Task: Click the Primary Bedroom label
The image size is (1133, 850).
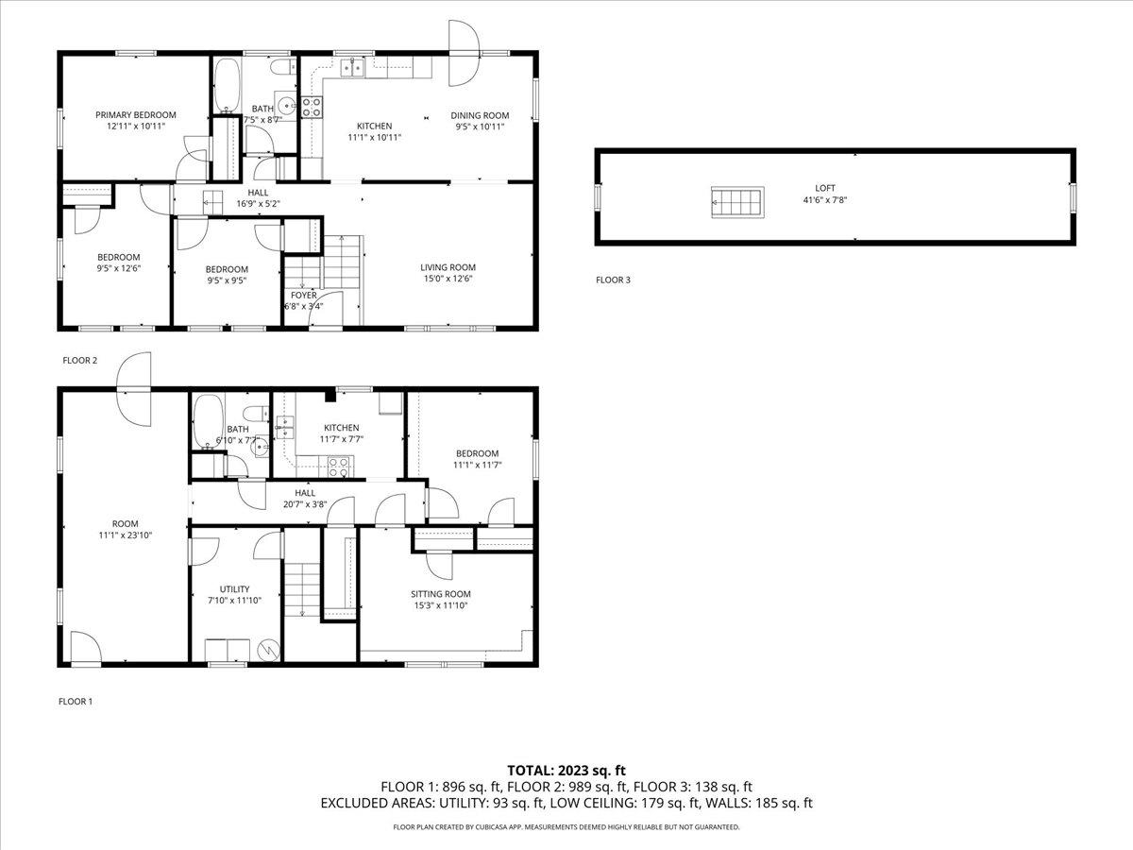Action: [x=136, y=114]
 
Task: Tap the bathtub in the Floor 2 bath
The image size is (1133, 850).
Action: [x=227, y=86]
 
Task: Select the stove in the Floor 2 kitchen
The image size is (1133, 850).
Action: [x=312, y=108]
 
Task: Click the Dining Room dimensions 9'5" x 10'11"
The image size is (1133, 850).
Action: [x=480, y=127]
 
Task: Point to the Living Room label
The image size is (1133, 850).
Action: [x=448, y=267]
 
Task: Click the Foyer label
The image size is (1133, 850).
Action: [x=303, y=296]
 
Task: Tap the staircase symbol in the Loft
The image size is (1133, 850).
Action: [x=737, y=202]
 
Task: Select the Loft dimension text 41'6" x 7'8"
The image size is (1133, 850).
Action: [x=825, y=199]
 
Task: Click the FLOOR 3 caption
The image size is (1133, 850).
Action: [x=613, y=280]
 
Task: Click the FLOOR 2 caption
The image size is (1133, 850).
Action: [x=79, y=360]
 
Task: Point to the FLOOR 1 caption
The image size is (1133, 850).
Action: [x=76, y=702]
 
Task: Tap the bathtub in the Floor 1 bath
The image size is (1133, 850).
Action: [x=208, y=421]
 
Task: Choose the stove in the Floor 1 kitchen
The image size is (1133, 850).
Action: [x=338, y=467]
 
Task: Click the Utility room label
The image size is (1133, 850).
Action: [x=234, y=588]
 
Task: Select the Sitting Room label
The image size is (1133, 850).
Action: [x=440, y=594]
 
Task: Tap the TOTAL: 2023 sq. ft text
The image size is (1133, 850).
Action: [x=566, y=771]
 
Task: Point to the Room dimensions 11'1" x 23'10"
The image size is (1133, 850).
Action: [x=125, y=535]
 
